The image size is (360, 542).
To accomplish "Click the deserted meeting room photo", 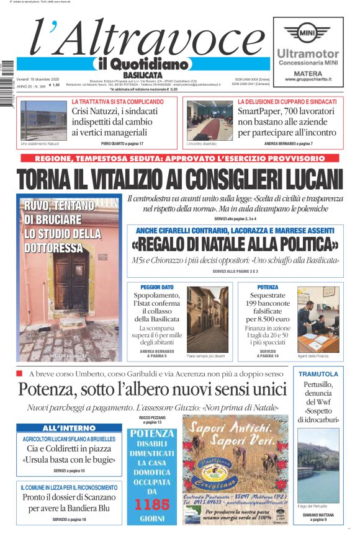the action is (209, 120).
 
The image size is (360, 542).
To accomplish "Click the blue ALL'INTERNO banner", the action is (69, 428).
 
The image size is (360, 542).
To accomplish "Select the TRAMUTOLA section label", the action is (318, 374).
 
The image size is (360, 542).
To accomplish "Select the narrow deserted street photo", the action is (207, 319).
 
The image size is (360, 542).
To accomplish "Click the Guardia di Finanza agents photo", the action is (318, 319).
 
